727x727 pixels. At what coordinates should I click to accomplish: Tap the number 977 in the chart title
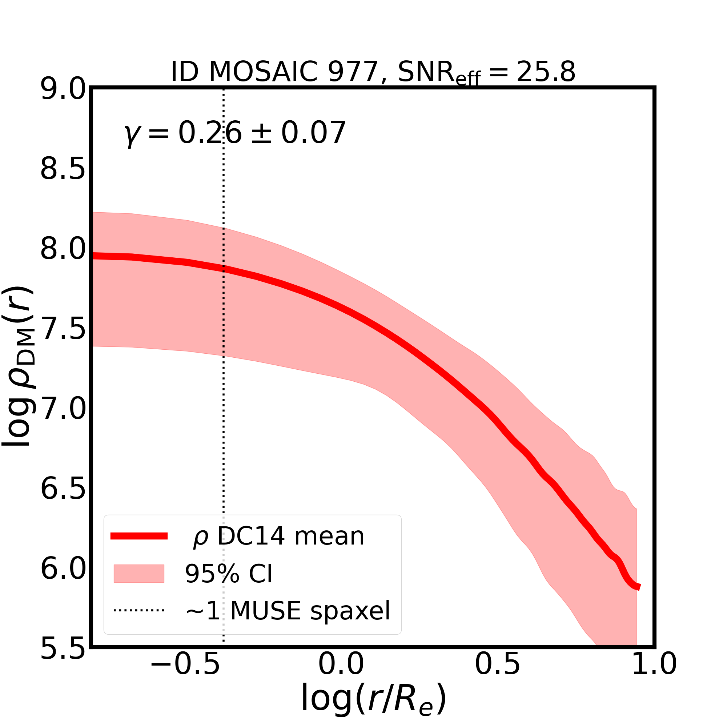pos(353,72)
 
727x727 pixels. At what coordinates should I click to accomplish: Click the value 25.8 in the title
pos(546,72)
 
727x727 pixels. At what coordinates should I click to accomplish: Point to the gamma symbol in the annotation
pos(130,134)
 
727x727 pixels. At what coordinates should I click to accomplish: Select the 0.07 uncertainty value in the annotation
pos(313,133)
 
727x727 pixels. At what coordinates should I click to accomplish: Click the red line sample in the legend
pos(139,536)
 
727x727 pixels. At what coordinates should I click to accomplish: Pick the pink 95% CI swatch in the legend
pos(139,574)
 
